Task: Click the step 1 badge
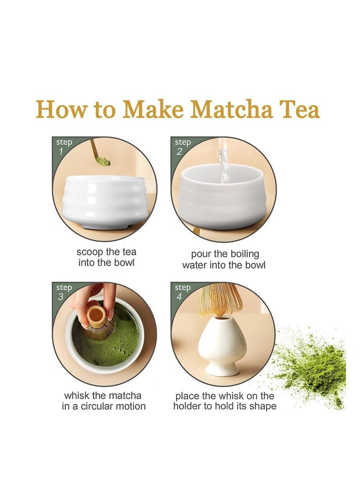pyautogui.click(x=63, y=147)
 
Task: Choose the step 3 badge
pyautogui.click(x=63, y=292)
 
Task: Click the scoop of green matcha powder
pyautogui.click(x=103, y=161)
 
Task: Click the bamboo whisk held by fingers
pyautogui.click(x=96, y=322)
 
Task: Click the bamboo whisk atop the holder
pyautogui.click(x=220, y=298)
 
